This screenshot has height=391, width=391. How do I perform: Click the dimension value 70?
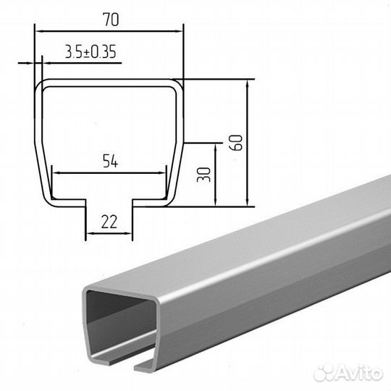pos(111,20)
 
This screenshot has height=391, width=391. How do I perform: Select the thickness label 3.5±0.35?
pos(91,52)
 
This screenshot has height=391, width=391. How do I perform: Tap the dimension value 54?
pos(110,161)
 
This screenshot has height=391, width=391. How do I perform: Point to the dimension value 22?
pos(109,222)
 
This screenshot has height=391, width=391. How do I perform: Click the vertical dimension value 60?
pos(236,143)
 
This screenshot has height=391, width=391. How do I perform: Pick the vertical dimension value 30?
pos(203,175)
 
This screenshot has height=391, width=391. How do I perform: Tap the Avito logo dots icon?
pos(323,374)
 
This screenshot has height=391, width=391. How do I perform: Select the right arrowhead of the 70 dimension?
pos(179,31)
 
